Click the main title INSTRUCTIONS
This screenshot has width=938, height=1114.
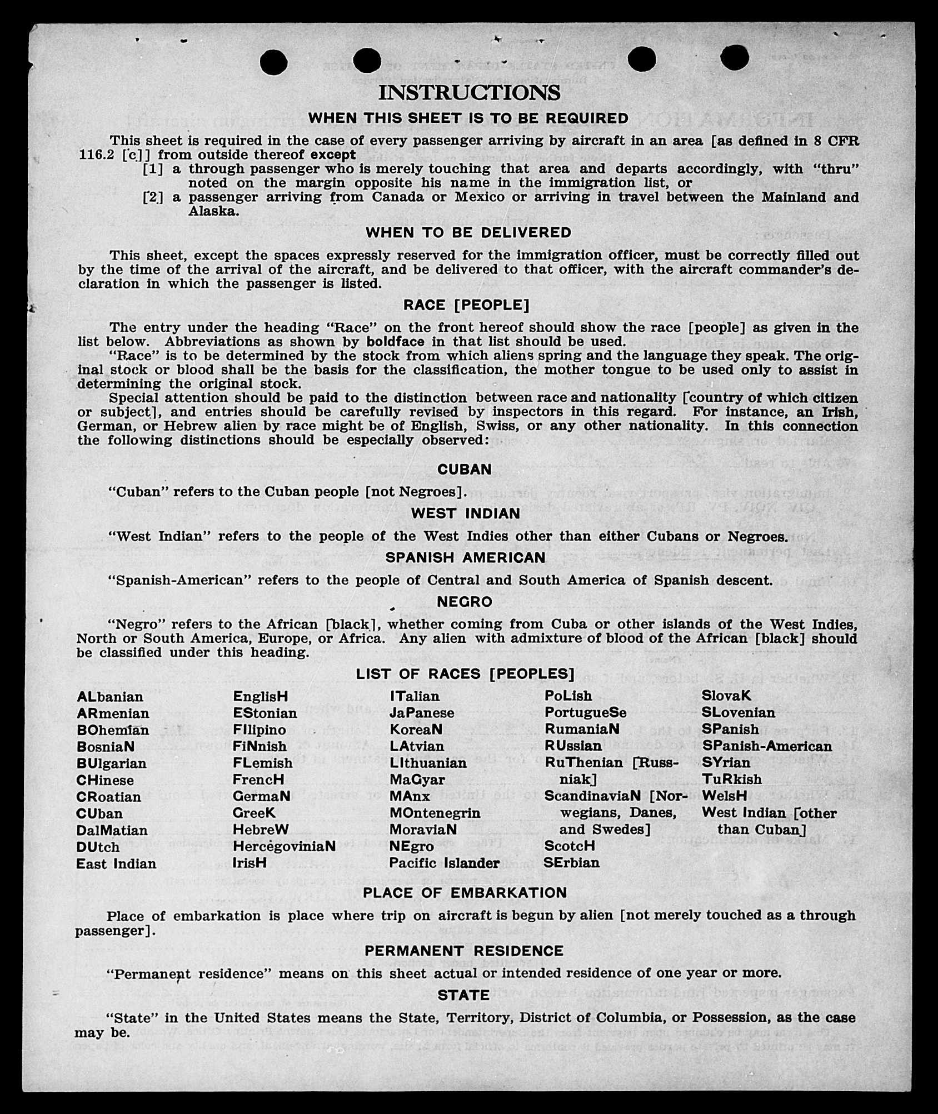[x=469, y=92]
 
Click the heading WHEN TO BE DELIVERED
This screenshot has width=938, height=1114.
[x=468, y=233]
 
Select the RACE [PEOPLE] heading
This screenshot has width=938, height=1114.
[x=466, y=305]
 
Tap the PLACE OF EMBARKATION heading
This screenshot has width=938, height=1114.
[x=465, y=893]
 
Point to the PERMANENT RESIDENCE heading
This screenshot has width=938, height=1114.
[x=464, y=951]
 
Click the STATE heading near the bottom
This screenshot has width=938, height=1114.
[x=463, y=995]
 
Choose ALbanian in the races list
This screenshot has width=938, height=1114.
[x=110, y=697]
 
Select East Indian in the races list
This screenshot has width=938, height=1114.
[x=116, y=864]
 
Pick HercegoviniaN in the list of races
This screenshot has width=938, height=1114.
[x=284, y=846]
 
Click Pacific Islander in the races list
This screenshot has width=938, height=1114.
[x=444, y=863]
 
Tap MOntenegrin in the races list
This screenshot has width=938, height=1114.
[x=435, y=813]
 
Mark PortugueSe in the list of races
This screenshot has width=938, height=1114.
[x=585, y=713]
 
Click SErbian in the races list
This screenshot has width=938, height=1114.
[x=572, y=863]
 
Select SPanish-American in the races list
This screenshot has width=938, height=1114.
[x=767, y=746]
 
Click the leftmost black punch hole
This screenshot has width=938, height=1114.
[x=273, y=61]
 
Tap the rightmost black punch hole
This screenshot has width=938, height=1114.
[x=735, y=57]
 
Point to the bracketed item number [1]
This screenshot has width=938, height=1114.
[x=153, y=169]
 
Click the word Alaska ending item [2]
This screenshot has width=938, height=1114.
[x=214, y=212]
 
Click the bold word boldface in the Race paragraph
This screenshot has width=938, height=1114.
[x=395, y=342]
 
